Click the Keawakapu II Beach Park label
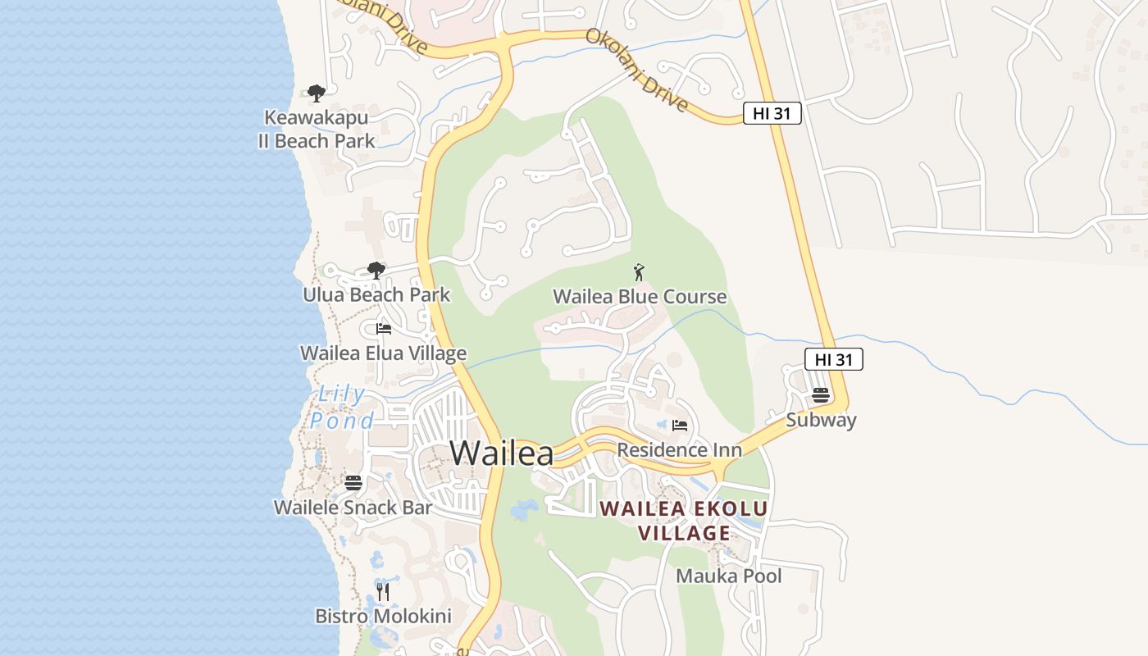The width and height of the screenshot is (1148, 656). tap(317, 130)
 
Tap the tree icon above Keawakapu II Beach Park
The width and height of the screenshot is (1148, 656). tap(317, 93)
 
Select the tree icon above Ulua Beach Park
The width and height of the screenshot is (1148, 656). tap(376, 270)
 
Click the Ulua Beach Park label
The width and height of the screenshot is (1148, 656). tap(376, 294)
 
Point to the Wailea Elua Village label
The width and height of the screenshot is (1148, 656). tap(383, 353)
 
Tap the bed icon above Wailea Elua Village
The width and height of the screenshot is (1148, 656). tap(383, 329)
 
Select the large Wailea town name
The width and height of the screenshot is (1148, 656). tap(502, 453)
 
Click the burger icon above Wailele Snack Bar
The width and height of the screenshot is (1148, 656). tap(353, 482)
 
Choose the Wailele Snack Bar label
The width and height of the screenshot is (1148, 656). tap(353, 508)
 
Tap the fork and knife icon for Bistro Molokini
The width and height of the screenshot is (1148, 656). tap(383, 591)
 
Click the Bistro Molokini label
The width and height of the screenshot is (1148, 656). tap(383, 616)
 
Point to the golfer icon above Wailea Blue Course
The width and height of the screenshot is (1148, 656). tap(639, 272)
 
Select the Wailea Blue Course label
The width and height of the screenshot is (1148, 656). tap(640, 297)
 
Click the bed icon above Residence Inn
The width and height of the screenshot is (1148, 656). tap(679, 425)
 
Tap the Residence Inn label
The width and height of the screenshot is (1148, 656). tap(679, 450)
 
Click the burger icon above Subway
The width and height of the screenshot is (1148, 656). tap(821, 395)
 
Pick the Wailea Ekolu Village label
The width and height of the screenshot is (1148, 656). tap(684, 521)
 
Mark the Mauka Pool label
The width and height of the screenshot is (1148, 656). tap(728, 576)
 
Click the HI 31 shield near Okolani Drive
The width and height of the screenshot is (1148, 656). tap(772, 114)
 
